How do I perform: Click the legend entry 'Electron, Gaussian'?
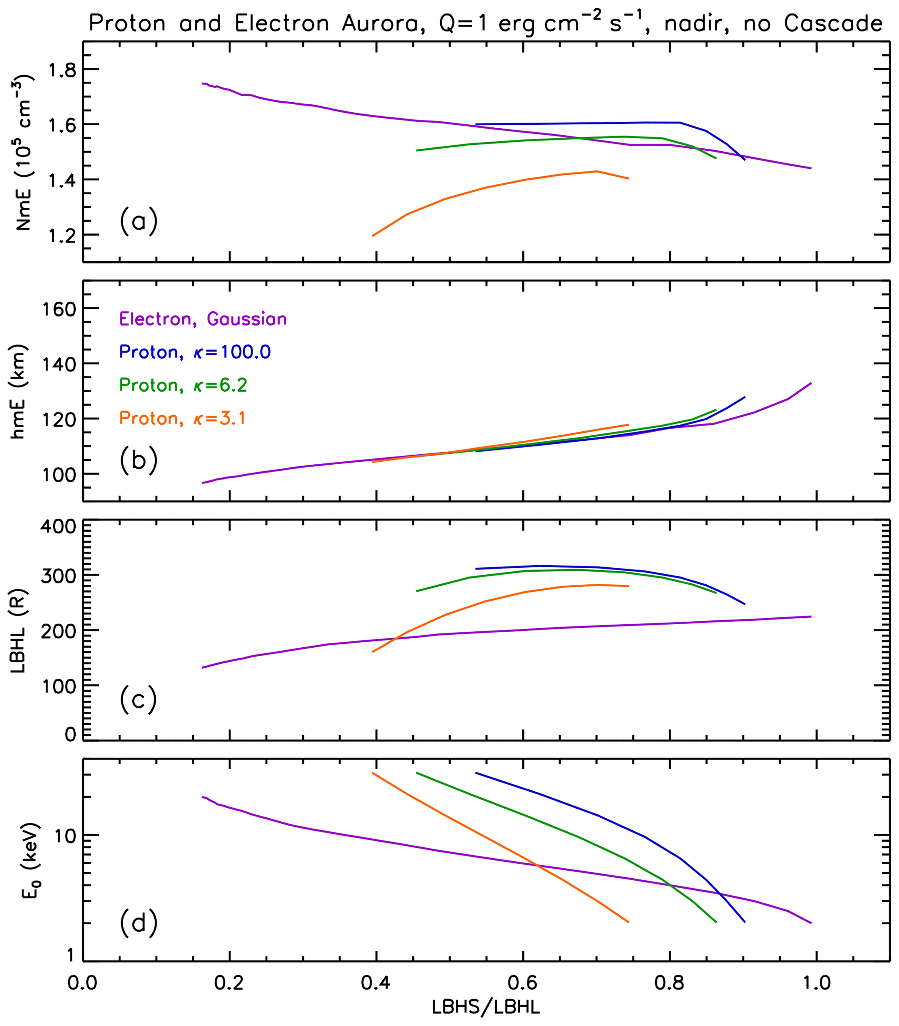pyautogui.click(x=203, y=320)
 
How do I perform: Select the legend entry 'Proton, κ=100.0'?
pyautogui.click(x=195, y=352)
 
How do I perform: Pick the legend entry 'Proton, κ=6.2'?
pyautogui.click(x=183, y=385)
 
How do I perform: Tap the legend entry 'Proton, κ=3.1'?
pyautogui.click(x=182, y=418)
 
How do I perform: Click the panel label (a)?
pyautogui.click(x=138, y=221)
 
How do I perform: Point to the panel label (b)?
pyautogui.click(x=138, y=460)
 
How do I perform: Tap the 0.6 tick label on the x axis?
pyautogui.click(x=523, y=983)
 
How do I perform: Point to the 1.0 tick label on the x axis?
pyautogui.click(x=817, y=983)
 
